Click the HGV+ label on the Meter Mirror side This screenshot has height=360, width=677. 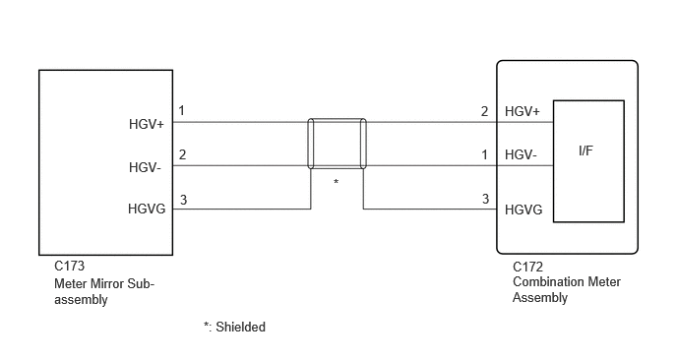(147, 124)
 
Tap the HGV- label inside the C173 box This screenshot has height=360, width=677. (145, 167)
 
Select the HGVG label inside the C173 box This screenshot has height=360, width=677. (147, 209)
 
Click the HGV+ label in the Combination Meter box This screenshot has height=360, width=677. (523, 111)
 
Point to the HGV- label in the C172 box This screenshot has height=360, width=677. (521, 154)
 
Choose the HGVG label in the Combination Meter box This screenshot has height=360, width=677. (523, 210)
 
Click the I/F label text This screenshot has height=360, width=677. (585, 150)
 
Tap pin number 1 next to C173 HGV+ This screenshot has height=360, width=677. (182, 111)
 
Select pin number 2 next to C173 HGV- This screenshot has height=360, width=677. (182, 154)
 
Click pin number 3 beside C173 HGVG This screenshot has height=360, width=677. (183, 200)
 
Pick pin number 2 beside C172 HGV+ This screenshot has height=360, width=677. (484, 111)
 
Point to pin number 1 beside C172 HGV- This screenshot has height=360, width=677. (484, 154)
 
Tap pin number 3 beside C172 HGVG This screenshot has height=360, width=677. (485, 199)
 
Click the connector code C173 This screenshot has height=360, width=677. (70, 266)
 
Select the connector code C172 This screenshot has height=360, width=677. (527, 268)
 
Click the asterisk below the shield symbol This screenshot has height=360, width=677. (336, 182)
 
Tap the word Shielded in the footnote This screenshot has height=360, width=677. (240, 327)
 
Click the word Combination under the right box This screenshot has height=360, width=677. (544, 282)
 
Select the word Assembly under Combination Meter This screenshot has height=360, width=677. (540, 298)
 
